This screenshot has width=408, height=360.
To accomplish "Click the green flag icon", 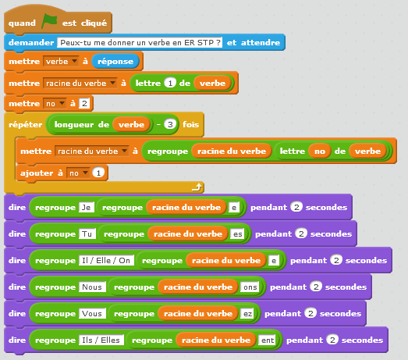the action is pos(49,21).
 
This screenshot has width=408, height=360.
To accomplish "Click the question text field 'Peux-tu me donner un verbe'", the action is pos(140,42).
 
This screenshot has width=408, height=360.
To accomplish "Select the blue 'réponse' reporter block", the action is pos(115,62).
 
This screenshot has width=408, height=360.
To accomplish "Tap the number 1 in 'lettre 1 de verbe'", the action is pos(170,83).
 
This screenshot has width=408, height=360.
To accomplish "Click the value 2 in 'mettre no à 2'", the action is pos(84,103).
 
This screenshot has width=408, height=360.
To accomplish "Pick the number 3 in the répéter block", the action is pos(170,124).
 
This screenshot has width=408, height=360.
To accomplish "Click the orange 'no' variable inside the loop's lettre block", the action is pos(320,151).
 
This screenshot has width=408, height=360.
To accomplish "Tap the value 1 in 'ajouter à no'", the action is pos(98,173).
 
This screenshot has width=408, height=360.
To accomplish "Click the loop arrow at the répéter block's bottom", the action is pos(197,187).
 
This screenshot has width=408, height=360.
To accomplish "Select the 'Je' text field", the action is pos(87,208).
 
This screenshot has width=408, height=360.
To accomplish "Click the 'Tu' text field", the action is pos(87,234).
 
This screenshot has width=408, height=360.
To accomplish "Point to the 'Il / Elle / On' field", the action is pos(106,261).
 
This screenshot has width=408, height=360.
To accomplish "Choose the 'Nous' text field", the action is pos(92,287).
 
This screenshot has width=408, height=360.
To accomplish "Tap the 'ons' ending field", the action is pos(250,287).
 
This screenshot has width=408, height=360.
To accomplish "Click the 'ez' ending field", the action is pos(247,314).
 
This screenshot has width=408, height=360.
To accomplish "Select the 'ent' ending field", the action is pos(268,340).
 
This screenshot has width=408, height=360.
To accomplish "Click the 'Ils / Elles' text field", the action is pos(101,340).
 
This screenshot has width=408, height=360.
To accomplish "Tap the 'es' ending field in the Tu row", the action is pos(238,234).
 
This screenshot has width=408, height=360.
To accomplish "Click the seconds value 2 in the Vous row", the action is pos(310,313).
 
